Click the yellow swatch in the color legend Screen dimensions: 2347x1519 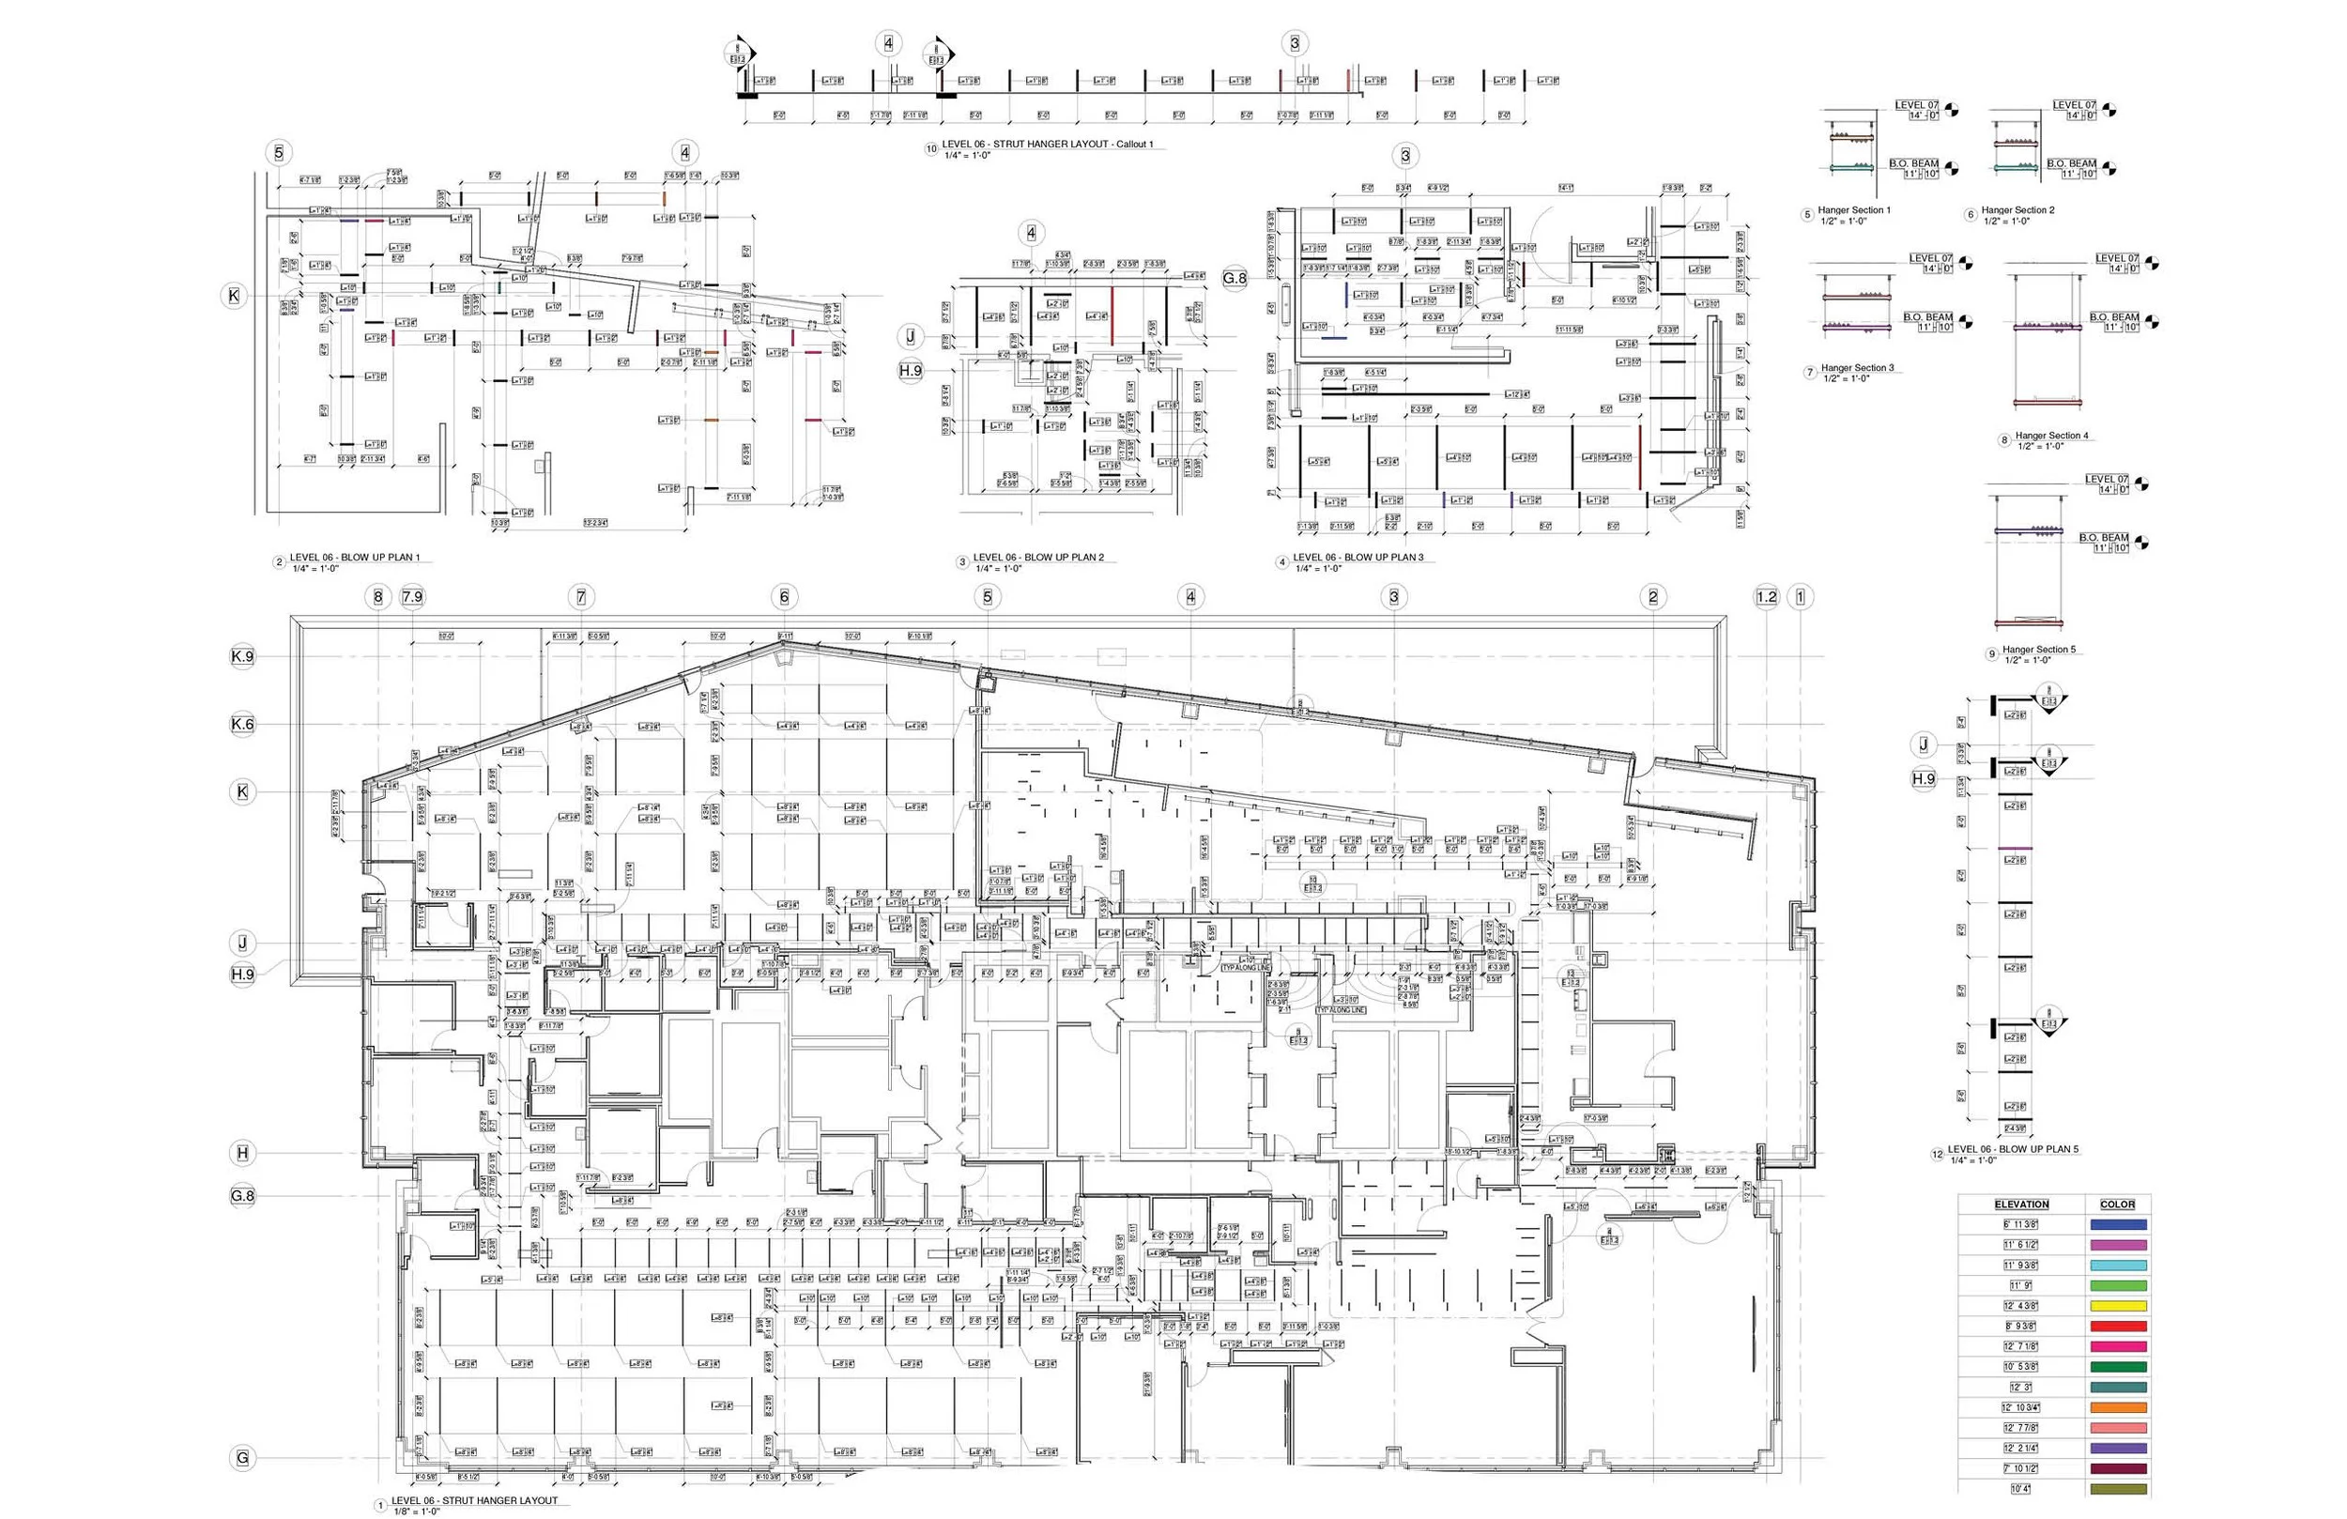(x=2117, y=1306)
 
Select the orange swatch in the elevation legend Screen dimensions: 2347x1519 (x=2117, y=1407)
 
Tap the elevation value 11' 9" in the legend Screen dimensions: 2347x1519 (x=2020, y=1285)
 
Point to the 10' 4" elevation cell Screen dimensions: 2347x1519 (x=2020, y=1488)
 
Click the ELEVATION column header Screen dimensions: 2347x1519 (x=2020, y=1204)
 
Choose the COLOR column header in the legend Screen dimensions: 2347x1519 (x=2117, y=1204)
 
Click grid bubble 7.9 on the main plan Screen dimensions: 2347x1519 (x=412, y=597)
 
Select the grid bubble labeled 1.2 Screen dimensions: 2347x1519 (x=1766, y=597)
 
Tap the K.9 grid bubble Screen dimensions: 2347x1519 (x=241, y=657)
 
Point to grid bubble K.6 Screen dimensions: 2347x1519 (x=241, y=724)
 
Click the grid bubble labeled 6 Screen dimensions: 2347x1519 (x=784, y=597)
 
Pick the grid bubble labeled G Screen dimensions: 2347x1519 (x=241, y=1458)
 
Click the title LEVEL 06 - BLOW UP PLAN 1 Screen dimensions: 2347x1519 (x=354, y=558)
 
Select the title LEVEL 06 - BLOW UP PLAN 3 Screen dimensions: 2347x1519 (x=1358, y=558)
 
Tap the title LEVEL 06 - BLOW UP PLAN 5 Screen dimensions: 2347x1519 (x=2013, y=1149)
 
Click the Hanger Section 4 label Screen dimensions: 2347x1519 (x=2051, y=435)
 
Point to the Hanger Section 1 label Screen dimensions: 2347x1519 (x=1854, y=210)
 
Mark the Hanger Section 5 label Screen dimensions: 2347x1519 (x=2039, y=649)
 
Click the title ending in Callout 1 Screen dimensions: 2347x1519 (x=1048, y=144)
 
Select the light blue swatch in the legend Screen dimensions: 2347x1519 (x=2117, y=1266)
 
